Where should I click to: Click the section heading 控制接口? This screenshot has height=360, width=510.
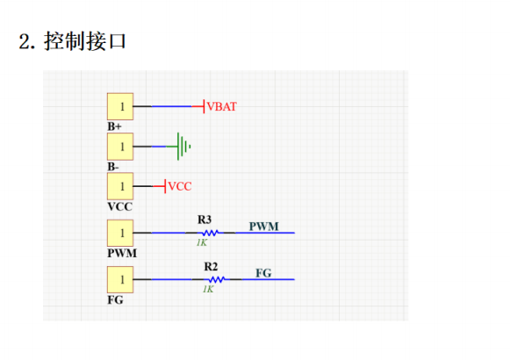coord(73,41)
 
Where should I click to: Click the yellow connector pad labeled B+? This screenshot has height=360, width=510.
coord(120,106)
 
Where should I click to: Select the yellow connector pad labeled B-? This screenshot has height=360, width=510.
coord(120,146)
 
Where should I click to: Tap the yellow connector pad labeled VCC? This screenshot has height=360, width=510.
coord(120,186)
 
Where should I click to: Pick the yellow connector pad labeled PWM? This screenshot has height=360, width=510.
coord(120,233)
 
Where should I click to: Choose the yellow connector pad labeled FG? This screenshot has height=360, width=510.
coord(120,280)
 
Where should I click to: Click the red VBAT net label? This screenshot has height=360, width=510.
coord(221,107)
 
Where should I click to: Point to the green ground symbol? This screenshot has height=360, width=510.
coord(183,147)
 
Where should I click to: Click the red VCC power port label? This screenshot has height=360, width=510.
coord(179,186)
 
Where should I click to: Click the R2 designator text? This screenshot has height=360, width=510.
coord(211,266)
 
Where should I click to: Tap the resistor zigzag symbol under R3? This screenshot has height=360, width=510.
coord(209,234)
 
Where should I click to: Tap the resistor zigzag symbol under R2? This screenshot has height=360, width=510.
coord(215,280)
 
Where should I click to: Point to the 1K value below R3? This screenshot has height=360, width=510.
coord(201,242)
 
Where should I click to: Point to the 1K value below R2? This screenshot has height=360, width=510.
coord(208,289)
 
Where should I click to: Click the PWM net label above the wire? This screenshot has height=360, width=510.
coord(263,227)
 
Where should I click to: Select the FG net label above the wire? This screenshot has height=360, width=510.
coord(263,273)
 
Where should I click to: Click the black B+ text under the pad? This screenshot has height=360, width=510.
coord(115,126)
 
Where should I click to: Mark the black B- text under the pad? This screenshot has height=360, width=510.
coord(113,166)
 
